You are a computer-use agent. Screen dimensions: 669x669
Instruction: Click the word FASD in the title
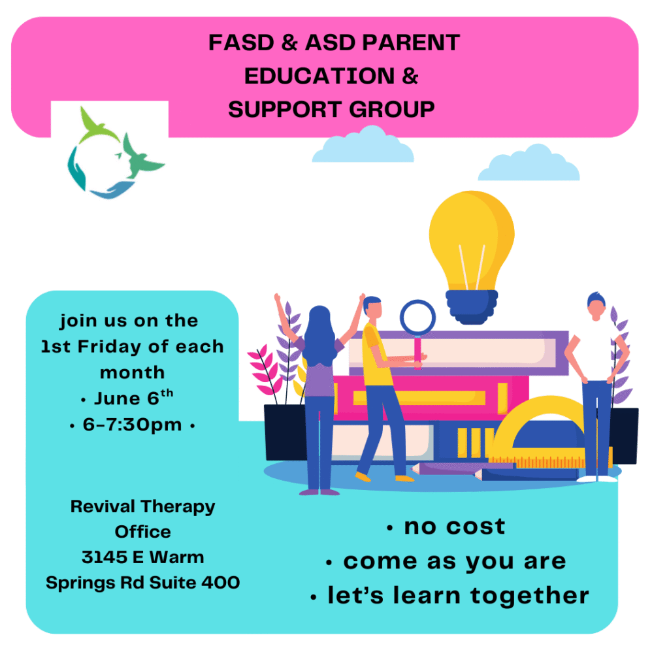tap(241, 42)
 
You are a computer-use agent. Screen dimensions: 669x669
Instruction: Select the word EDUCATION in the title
tap(319, 76)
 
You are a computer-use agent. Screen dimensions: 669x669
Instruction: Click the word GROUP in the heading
tap(392, 109)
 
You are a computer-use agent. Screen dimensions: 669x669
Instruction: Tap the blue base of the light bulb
tap(472, 306)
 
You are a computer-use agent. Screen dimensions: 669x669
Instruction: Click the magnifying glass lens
tap(417, 318)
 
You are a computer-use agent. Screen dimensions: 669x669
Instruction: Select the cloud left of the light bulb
tap(363, 144)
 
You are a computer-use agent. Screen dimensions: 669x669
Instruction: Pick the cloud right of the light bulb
tap(529, 163)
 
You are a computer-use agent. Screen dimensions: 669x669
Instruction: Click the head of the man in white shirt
tap(596, 306)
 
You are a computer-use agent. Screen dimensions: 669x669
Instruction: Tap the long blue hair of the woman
tap(320, 335)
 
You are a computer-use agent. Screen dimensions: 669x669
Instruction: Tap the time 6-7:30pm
tap(132, 425)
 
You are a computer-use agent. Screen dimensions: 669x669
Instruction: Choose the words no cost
tap(455, 527)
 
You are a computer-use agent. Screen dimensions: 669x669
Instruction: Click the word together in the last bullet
tap(529, 596)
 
